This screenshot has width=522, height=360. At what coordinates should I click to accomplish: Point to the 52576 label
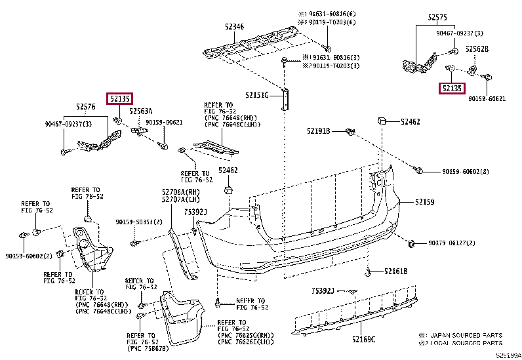click(x=85, y=106)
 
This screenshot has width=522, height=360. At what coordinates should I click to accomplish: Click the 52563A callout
click(x=141, y=111)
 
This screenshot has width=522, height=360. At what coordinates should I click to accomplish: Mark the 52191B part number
click(x=318, y=131)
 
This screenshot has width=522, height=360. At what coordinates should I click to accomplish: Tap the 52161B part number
click(x=395, y=271)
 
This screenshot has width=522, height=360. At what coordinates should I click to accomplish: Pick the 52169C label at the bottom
click(x=363, y=339)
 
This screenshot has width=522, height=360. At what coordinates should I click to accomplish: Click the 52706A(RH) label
click(x=181, y=191)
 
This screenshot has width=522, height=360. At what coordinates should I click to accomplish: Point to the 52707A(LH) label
click(x=181, y=199)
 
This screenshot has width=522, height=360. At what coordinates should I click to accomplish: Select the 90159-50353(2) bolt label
click(x=139, y=222)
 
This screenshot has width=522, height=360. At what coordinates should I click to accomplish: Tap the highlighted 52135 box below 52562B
click(x=451, y=88)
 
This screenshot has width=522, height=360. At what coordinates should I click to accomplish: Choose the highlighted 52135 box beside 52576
click(x=121, y=99)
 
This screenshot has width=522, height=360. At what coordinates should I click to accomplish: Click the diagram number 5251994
click(x=508, y=355)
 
